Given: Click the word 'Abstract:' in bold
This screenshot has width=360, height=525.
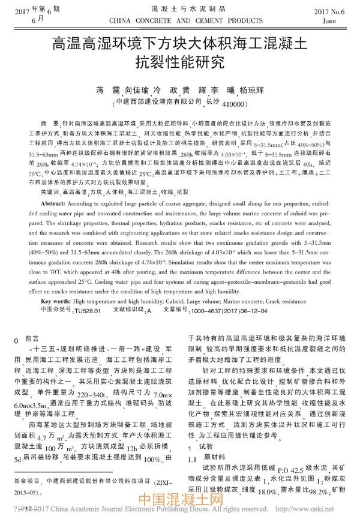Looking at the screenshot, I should pos(55,221).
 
